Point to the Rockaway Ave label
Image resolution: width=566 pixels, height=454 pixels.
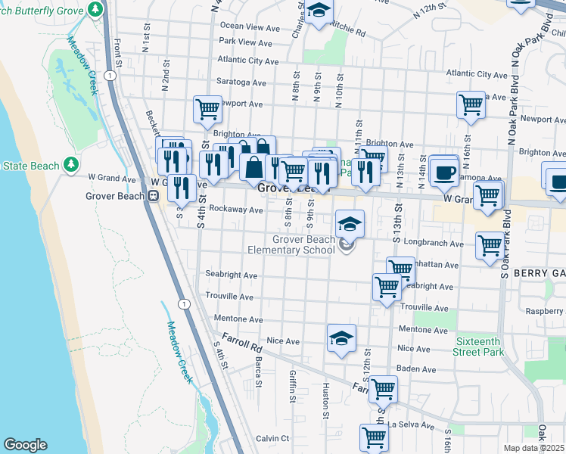(235, 210)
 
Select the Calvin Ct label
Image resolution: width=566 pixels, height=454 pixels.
(272, 438)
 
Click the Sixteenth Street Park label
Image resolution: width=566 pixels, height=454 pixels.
(479, 347)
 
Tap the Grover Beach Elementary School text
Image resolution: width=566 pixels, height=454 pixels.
(292, 244)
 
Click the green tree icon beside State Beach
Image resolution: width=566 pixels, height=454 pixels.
(71, 164)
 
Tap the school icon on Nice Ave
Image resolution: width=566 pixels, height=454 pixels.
(341, 337)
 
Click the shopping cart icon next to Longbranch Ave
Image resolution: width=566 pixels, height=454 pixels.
(490, 245)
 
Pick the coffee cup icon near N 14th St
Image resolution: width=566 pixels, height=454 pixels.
(443, 172)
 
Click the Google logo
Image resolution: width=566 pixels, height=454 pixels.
(25, 445)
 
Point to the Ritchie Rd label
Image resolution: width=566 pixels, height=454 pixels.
(348, 34)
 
